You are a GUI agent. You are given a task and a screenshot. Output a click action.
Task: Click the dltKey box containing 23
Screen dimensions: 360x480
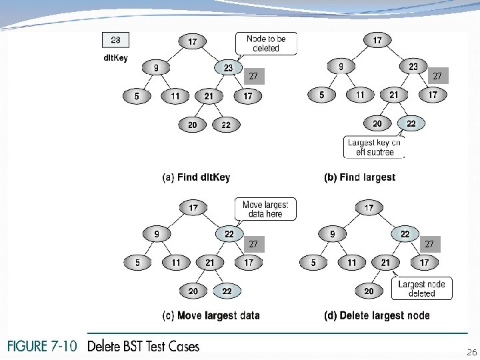(116, 40)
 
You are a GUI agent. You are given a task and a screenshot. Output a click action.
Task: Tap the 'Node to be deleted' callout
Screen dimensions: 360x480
(266, 43)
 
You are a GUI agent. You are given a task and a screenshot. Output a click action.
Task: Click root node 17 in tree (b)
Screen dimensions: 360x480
(377, 41)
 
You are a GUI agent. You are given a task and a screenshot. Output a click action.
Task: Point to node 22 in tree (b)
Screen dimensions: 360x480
(411, 123)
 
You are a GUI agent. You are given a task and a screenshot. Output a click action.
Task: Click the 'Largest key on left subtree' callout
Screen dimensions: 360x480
(374, 147)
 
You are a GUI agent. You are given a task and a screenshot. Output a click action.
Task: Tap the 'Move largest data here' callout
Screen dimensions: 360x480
(266, 209)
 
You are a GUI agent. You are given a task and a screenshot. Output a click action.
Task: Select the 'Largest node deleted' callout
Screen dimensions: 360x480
(421, 289)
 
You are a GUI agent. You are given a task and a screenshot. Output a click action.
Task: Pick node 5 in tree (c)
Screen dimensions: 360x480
(138, 263)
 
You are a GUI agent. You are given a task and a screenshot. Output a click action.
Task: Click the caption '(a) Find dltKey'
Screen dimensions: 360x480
(197, 177)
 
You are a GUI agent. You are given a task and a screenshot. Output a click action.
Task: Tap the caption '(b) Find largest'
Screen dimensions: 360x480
(359, 177)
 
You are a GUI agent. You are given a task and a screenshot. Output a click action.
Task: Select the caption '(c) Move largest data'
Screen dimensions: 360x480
(211, 315)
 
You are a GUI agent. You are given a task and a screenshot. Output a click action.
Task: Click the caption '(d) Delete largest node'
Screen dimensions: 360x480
(376, 315)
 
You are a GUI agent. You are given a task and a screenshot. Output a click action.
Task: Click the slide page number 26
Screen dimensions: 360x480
(471, 351)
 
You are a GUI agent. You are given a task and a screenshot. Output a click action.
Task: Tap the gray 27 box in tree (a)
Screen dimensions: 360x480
(253, 76)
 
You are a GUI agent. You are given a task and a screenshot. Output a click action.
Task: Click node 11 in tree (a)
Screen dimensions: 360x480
(175, 97)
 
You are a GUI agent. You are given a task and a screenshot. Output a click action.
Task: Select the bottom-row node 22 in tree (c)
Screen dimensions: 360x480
(227, 291)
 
